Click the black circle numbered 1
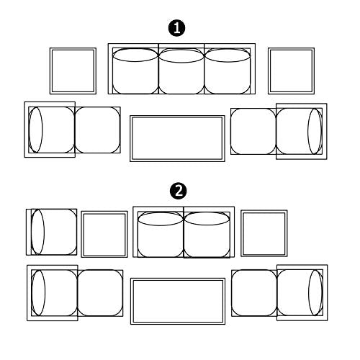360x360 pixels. [176, 28]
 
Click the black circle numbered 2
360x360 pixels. [179, 192]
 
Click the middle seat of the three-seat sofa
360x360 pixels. [181, 71]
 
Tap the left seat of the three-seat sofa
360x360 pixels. [135, 71]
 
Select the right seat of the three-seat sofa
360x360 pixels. [228, 71]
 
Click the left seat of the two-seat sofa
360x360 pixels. [161, 235]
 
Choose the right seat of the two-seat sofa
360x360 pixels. [207, 235]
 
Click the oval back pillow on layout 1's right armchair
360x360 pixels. [315, 131]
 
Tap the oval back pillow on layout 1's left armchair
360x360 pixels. [35, 130]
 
